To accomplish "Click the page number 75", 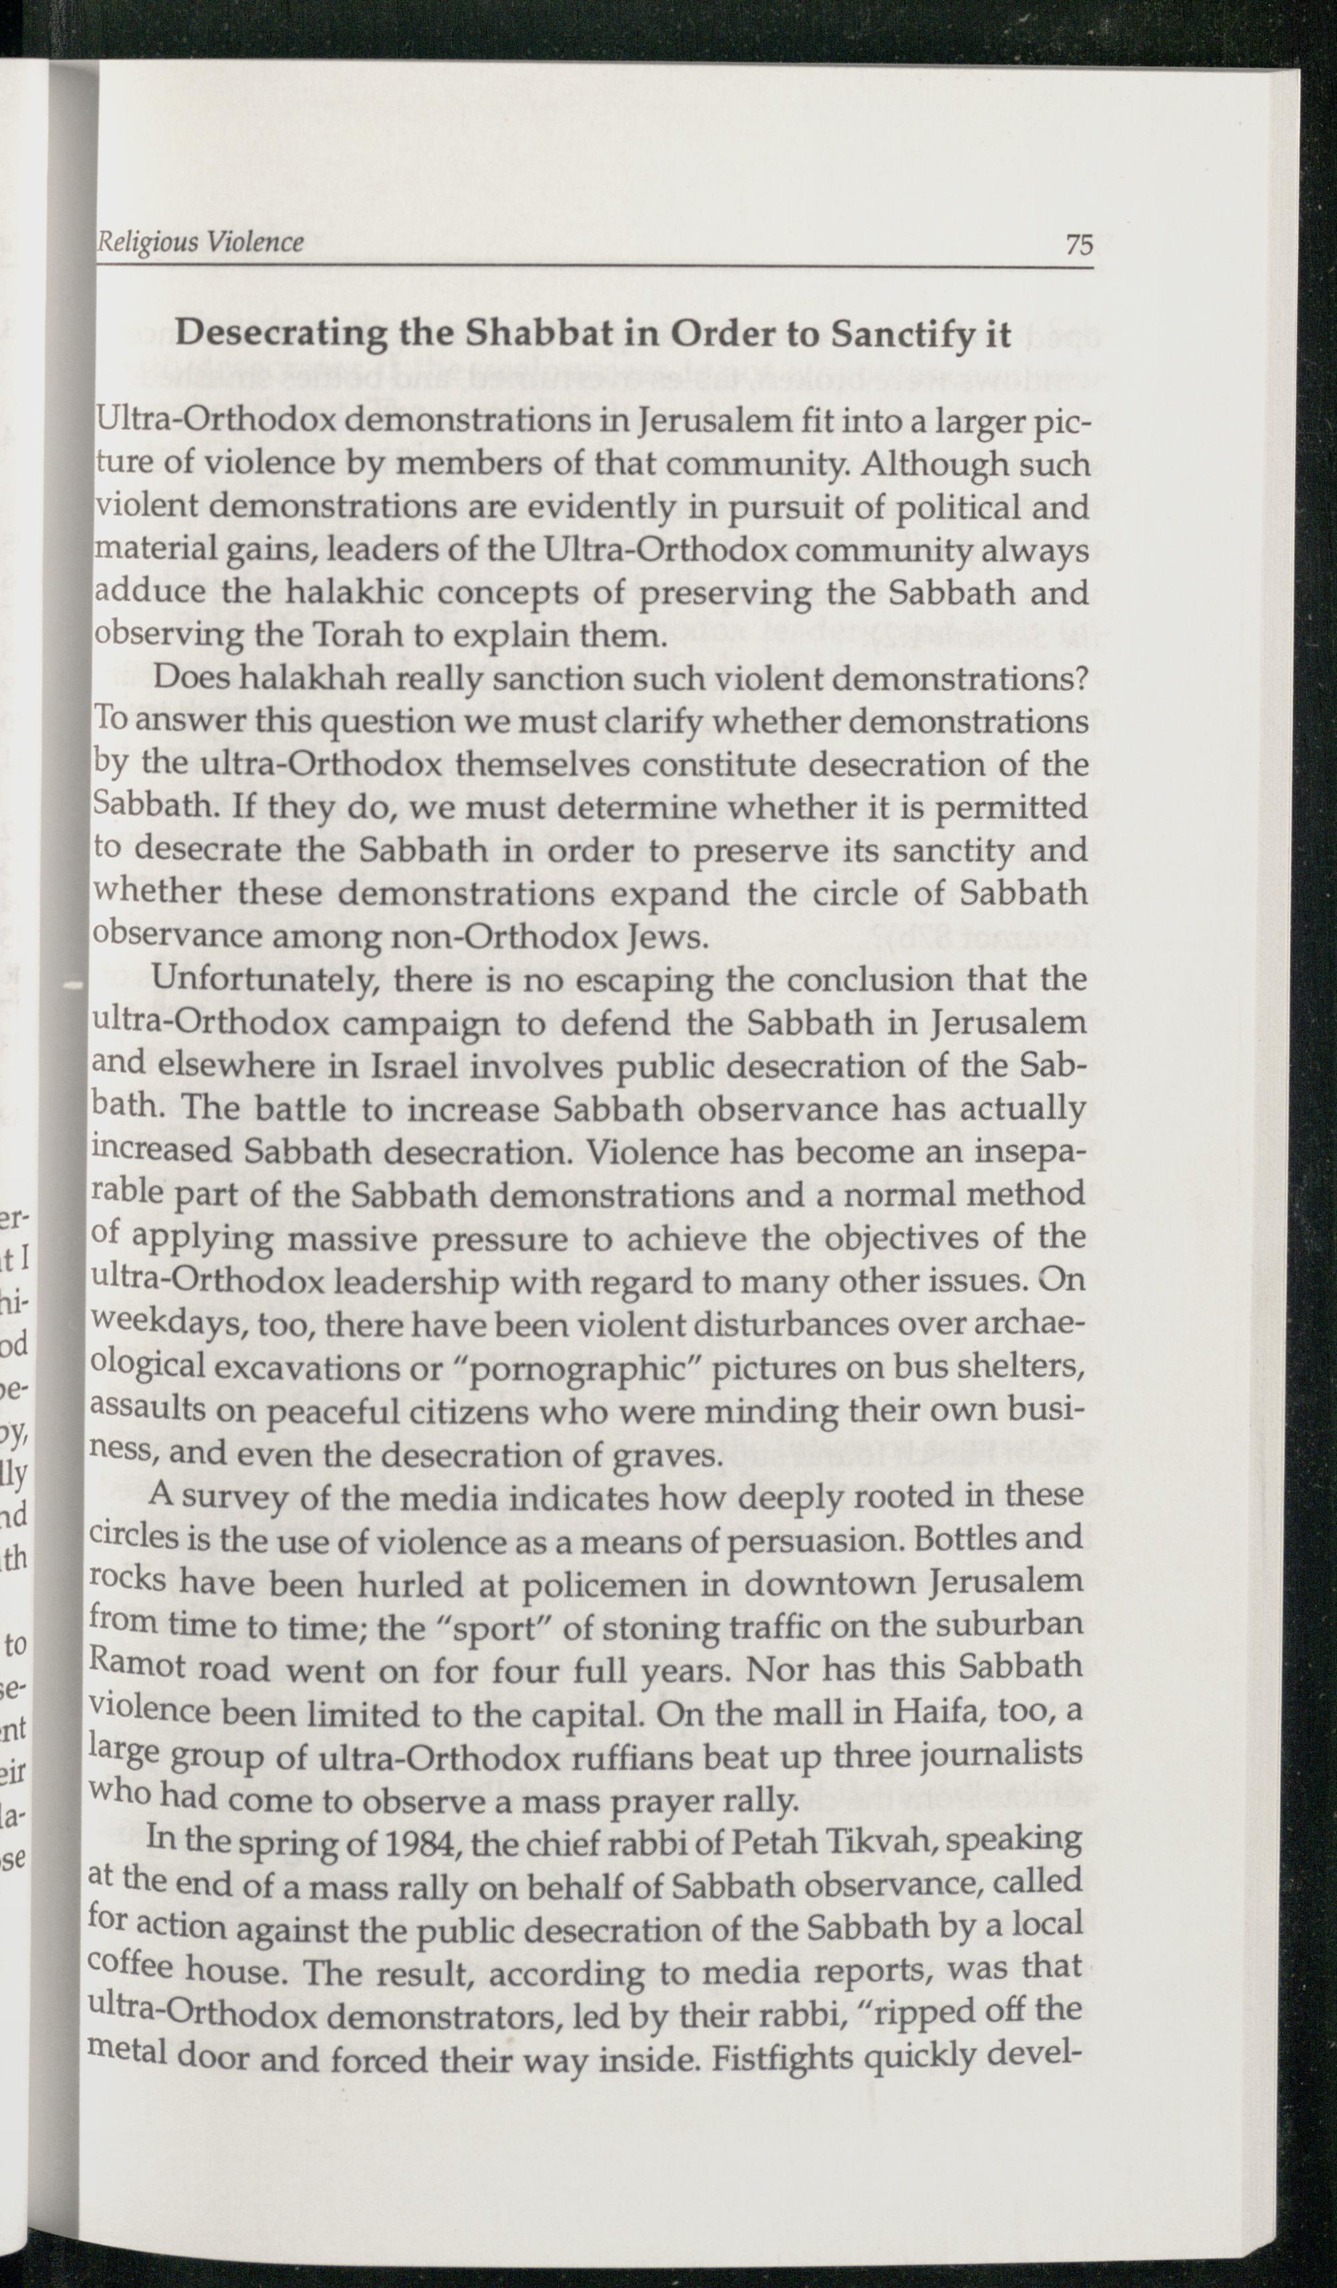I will [1079, 245].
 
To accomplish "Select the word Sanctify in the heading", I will [911, 335].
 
